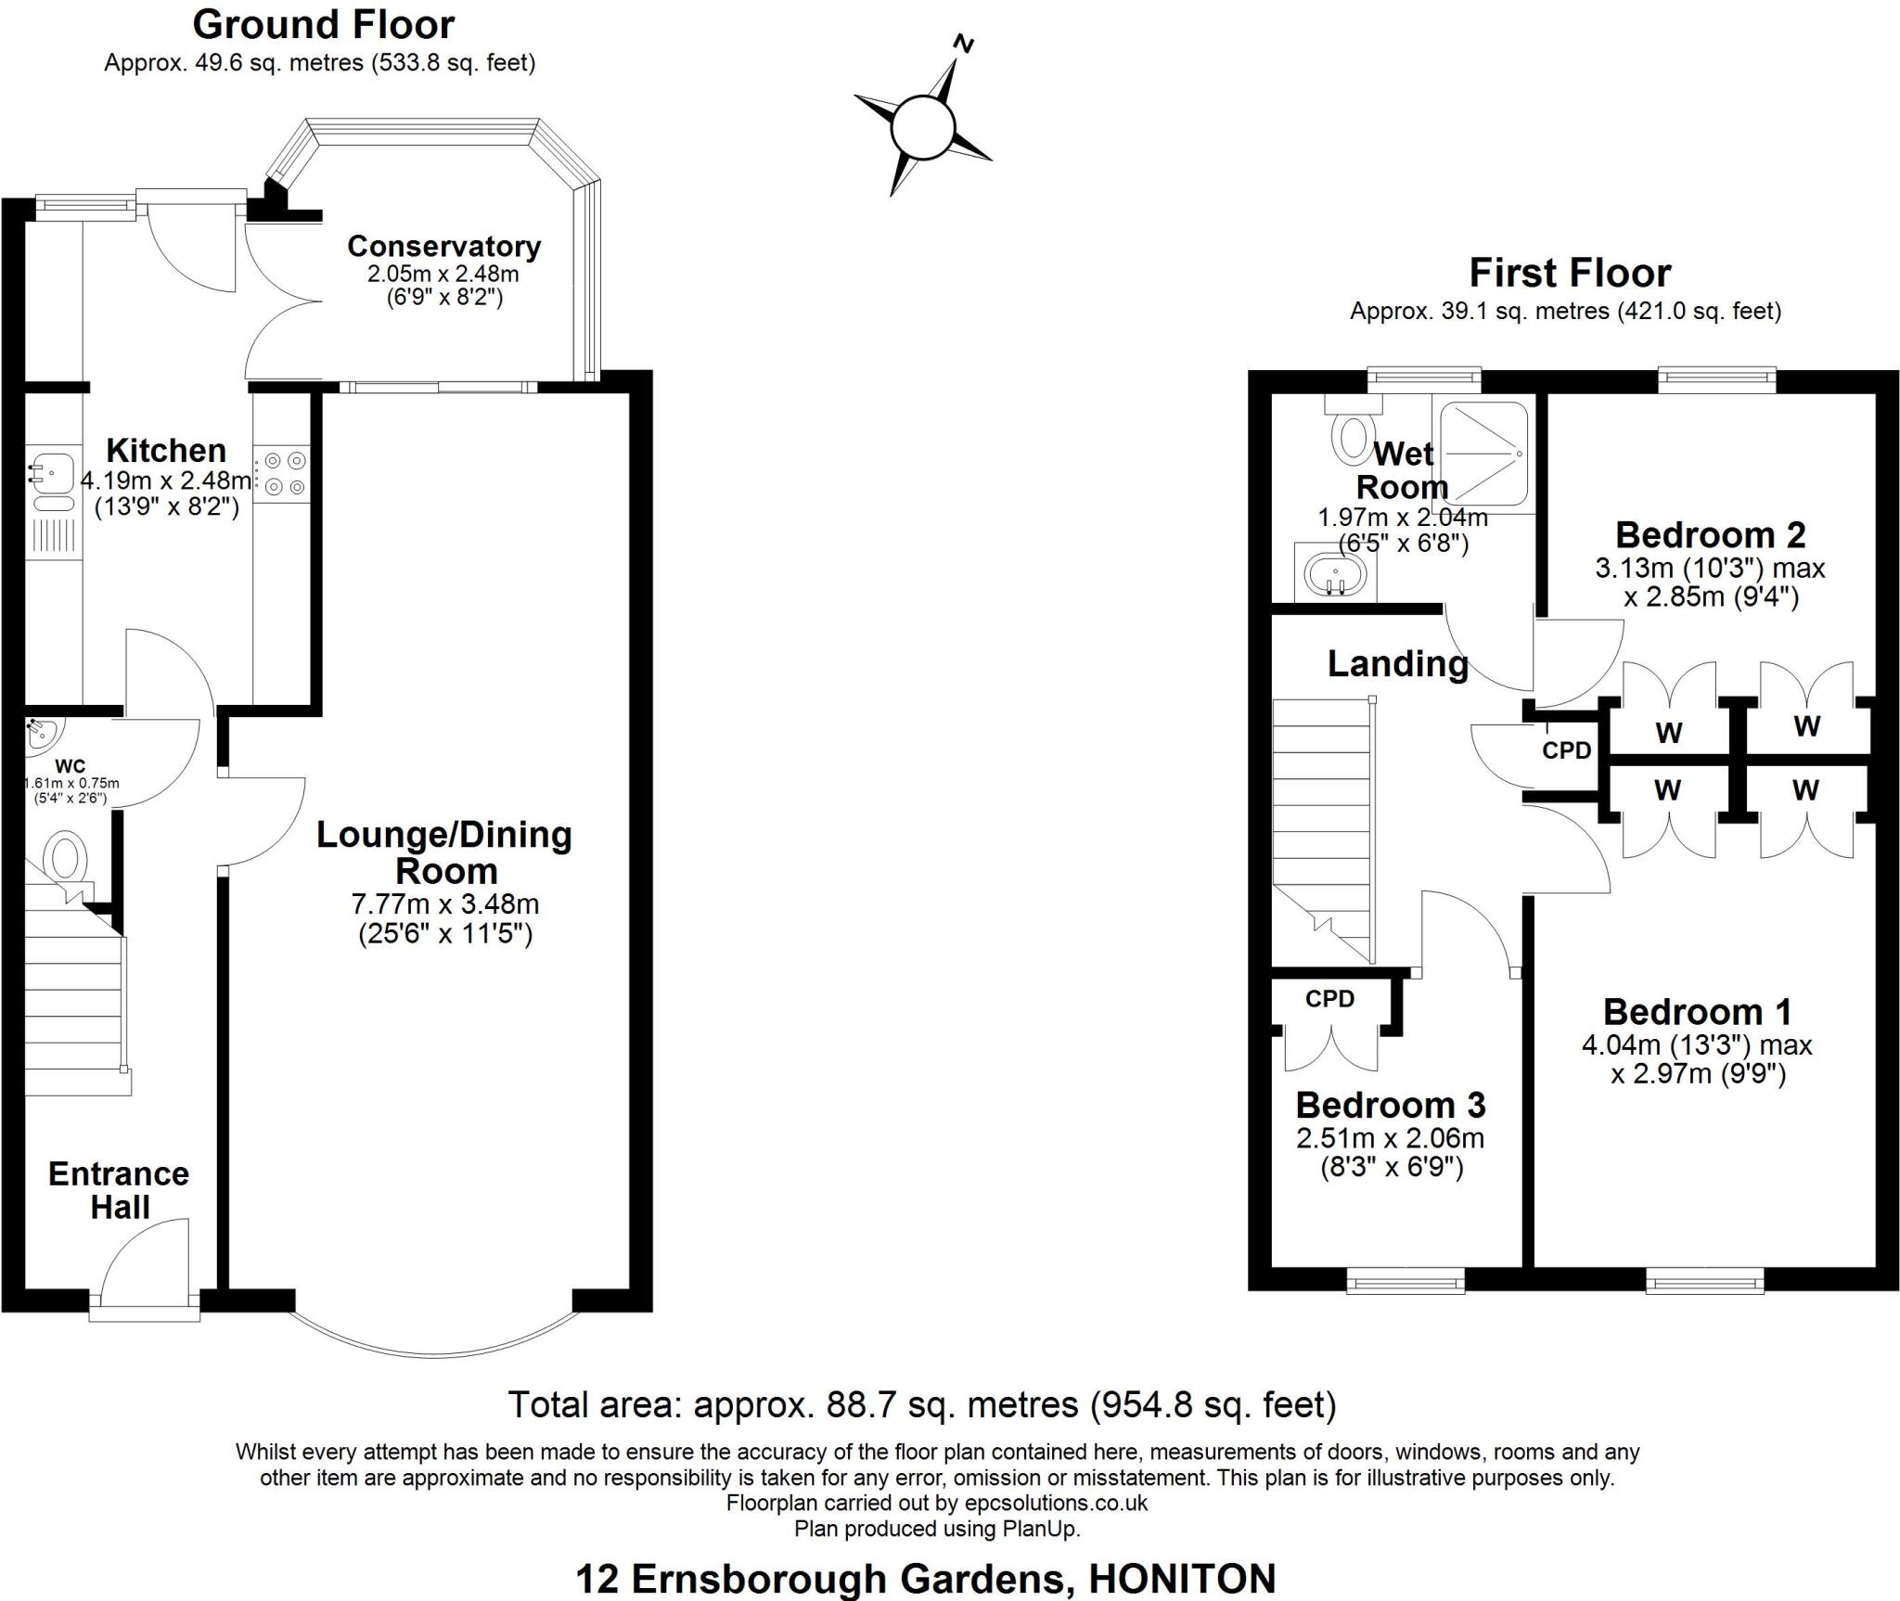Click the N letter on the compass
tap(965, 44)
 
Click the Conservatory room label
tap(443, 247)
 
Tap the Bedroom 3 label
tap(1390, 1105)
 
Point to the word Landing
tap(1397, 663)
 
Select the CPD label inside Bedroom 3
tap(1329, 999)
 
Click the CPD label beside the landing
tap(1566, 749)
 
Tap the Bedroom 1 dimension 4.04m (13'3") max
tap(1696, 1045)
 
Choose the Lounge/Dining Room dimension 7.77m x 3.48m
tap(444, 903)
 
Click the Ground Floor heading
tap(323, 25)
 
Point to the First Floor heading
tap(1570, 273)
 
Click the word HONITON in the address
tap(1182, 1579)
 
